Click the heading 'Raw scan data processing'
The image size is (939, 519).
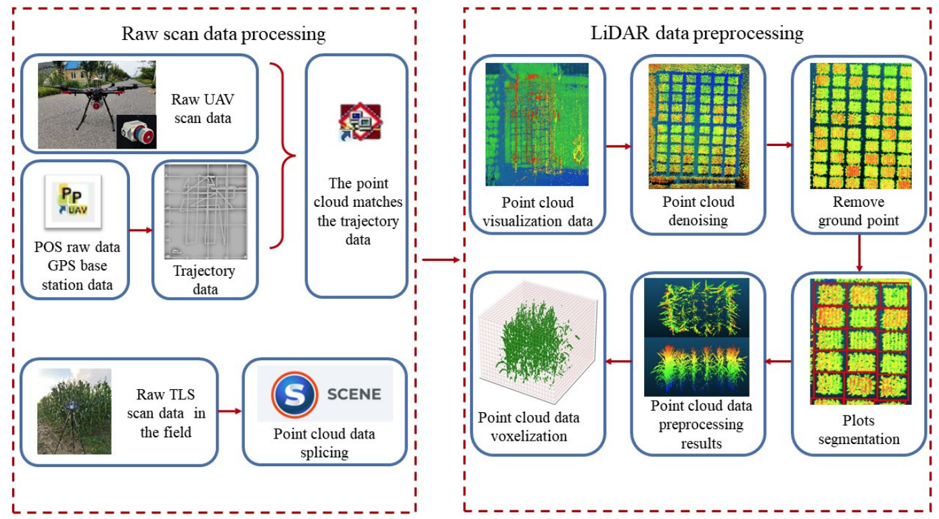(223, 34)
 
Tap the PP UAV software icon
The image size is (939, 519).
(73, 201)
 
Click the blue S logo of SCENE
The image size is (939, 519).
(294, 394)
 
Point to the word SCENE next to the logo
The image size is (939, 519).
(354, 394)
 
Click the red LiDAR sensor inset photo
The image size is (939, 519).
(137, 132)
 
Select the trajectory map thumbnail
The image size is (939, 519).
(206, 212)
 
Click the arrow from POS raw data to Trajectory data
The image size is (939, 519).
(141, 230)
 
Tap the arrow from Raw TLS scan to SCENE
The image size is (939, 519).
(230, 411)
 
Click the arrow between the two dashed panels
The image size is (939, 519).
(440, 259)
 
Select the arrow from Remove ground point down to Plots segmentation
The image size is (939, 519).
(859, 253)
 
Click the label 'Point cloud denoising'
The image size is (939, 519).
(698, 211)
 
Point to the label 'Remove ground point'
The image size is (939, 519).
(858, 211)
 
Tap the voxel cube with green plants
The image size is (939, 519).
(538, 342)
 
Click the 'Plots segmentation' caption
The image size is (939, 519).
(858, 429)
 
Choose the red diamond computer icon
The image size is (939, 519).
(361, 122)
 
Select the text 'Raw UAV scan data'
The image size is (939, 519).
(202, 109)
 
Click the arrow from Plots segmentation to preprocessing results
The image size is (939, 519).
(779, 362)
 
